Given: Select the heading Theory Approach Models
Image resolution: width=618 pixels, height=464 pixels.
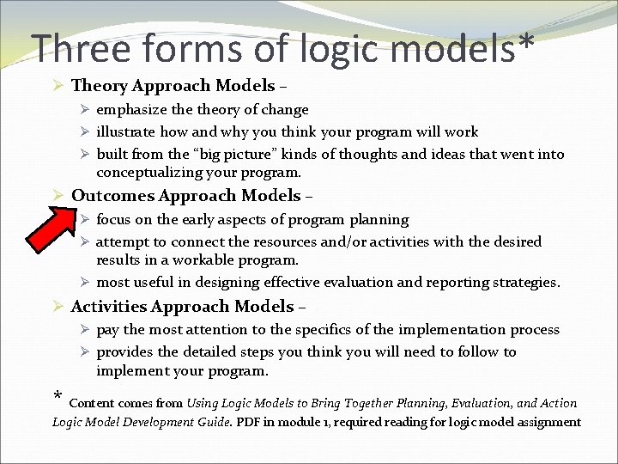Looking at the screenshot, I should click(173, 86).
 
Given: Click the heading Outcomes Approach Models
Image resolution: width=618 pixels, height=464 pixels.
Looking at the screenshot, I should click(186, 196).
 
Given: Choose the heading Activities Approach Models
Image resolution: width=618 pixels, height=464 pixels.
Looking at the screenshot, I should click(183, 307).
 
